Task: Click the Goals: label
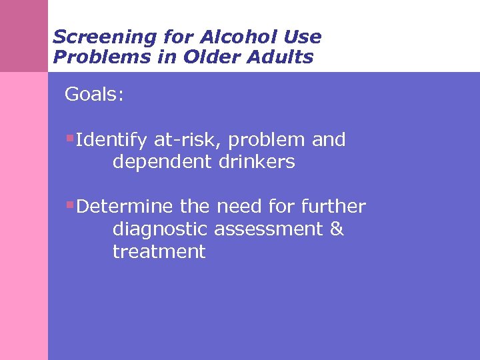[94, 95]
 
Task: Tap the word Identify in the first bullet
[112, 140]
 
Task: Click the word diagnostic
[161, 229]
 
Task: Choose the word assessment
[269, 229]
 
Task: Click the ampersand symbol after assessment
[337, 229]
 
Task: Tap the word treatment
[159, 252]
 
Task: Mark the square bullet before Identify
[69, 139]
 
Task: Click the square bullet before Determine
[69, 205]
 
